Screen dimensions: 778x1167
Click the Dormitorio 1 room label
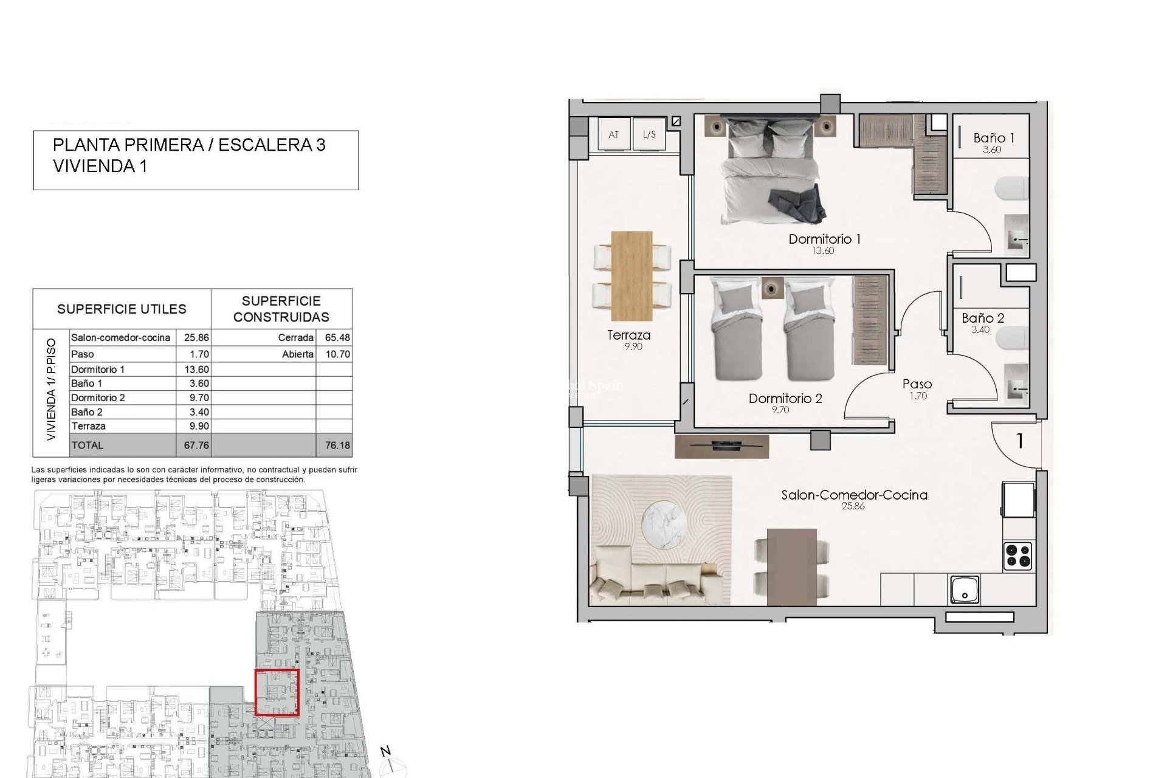pyautogui.click(x=824, y=239)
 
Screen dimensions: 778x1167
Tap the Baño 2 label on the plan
pyautogui.click(x=982, y=318)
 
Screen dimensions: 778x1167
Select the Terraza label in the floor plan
pyautogui.click(x=628, y=335)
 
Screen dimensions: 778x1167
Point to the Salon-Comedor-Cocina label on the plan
pyautogui.click(x=854, y=495)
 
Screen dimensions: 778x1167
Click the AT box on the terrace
pyautogui.click(x=613, y=134)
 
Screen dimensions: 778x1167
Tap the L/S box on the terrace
pyautogui.click(x=649, y=134)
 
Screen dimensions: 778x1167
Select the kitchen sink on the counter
pyautogui.click(x=965, y=590)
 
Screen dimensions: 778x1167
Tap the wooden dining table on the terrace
pyautogui.click(x=632, y=275)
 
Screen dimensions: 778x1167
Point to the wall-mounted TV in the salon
pyautogui.click(x=721, y=446)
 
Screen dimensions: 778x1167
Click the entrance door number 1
pyautogui.click(x=1020, y=441)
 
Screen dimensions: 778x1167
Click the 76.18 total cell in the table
pyautogui.click(x=337, y=446)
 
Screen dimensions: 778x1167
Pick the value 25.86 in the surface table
pyautogui.click(x=196, y=338)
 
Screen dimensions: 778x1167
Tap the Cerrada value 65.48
pyautogui.click(x=337, y=338)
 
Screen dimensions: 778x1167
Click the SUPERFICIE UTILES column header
pyautogui.click(x=122, y=309)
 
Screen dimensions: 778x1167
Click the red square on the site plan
pyautogui.click(x=277, y=692)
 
